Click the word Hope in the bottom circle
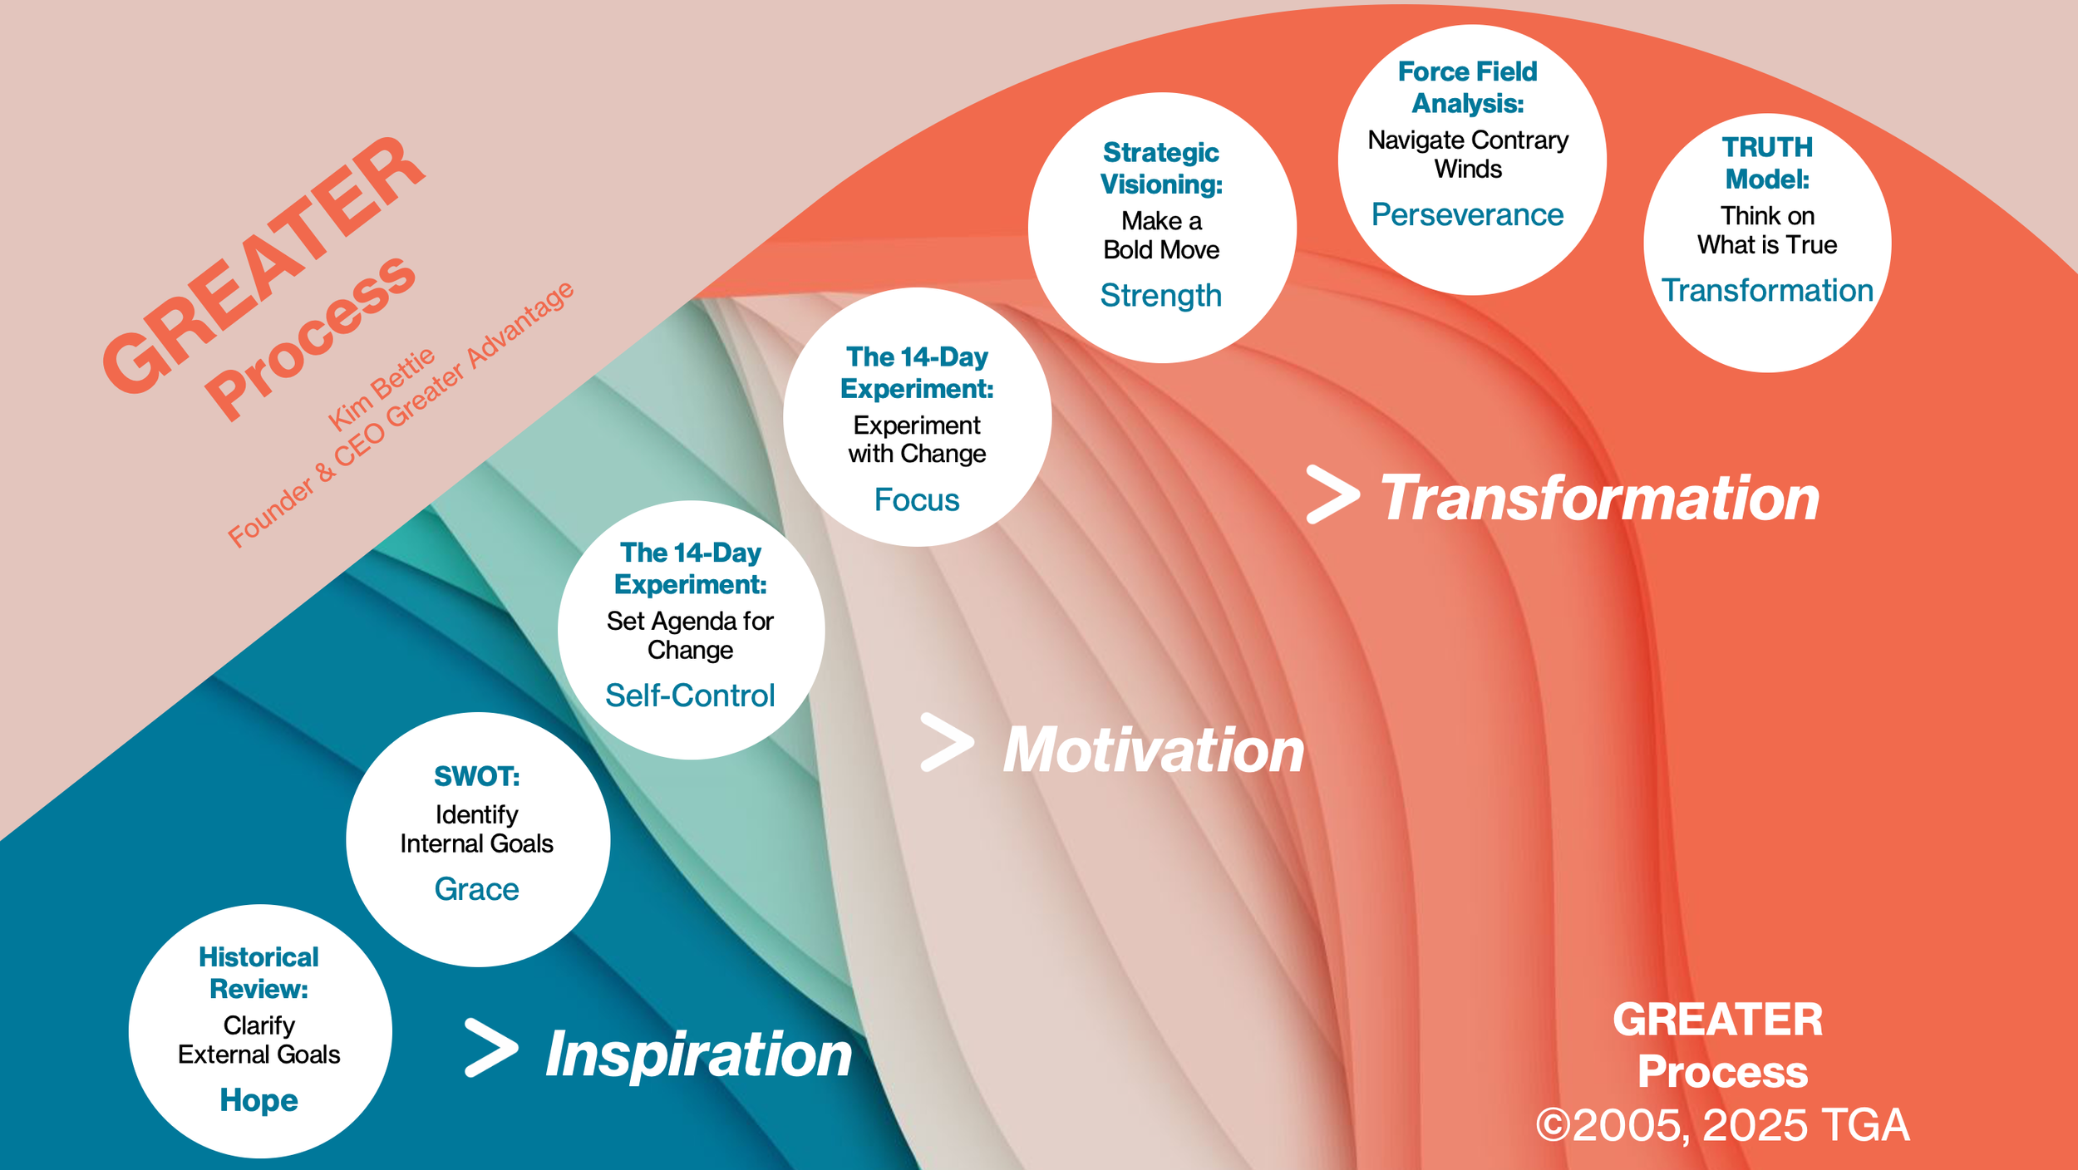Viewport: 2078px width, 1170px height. tap(259, 1100)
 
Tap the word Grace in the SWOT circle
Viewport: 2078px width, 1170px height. tap(476, 889)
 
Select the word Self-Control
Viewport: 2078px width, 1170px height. tap(690, 696)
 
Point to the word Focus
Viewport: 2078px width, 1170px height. tap(917, 500)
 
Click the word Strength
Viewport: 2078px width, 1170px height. tap(1161, 296)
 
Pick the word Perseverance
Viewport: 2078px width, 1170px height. tap(1467, 215)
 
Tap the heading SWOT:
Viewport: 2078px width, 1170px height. tap(476, 776)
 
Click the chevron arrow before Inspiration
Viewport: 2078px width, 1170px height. tap(491, 1048)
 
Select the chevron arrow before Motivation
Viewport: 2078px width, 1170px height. tap(947, 742)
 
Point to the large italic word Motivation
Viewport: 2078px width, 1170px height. tap(1154, 750)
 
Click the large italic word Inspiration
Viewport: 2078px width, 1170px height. tap(698, 1054)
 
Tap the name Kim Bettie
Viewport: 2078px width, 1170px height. tap(382, 389)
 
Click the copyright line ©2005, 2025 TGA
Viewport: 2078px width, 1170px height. tap(1722, 1125)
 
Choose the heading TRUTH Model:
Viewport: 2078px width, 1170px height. tap(1767, 164)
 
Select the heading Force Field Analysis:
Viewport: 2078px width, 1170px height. tap(1467, 87)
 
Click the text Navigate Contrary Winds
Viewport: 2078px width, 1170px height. tap(1468, 155)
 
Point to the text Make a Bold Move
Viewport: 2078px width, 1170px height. tap(1161, 235)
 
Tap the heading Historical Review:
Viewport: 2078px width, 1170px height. tap(259, 973)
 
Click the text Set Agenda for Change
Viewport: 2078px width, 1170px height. tap(690, 636)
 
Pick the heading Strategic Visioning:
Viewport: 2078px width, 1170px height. tap(1161, 168)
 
